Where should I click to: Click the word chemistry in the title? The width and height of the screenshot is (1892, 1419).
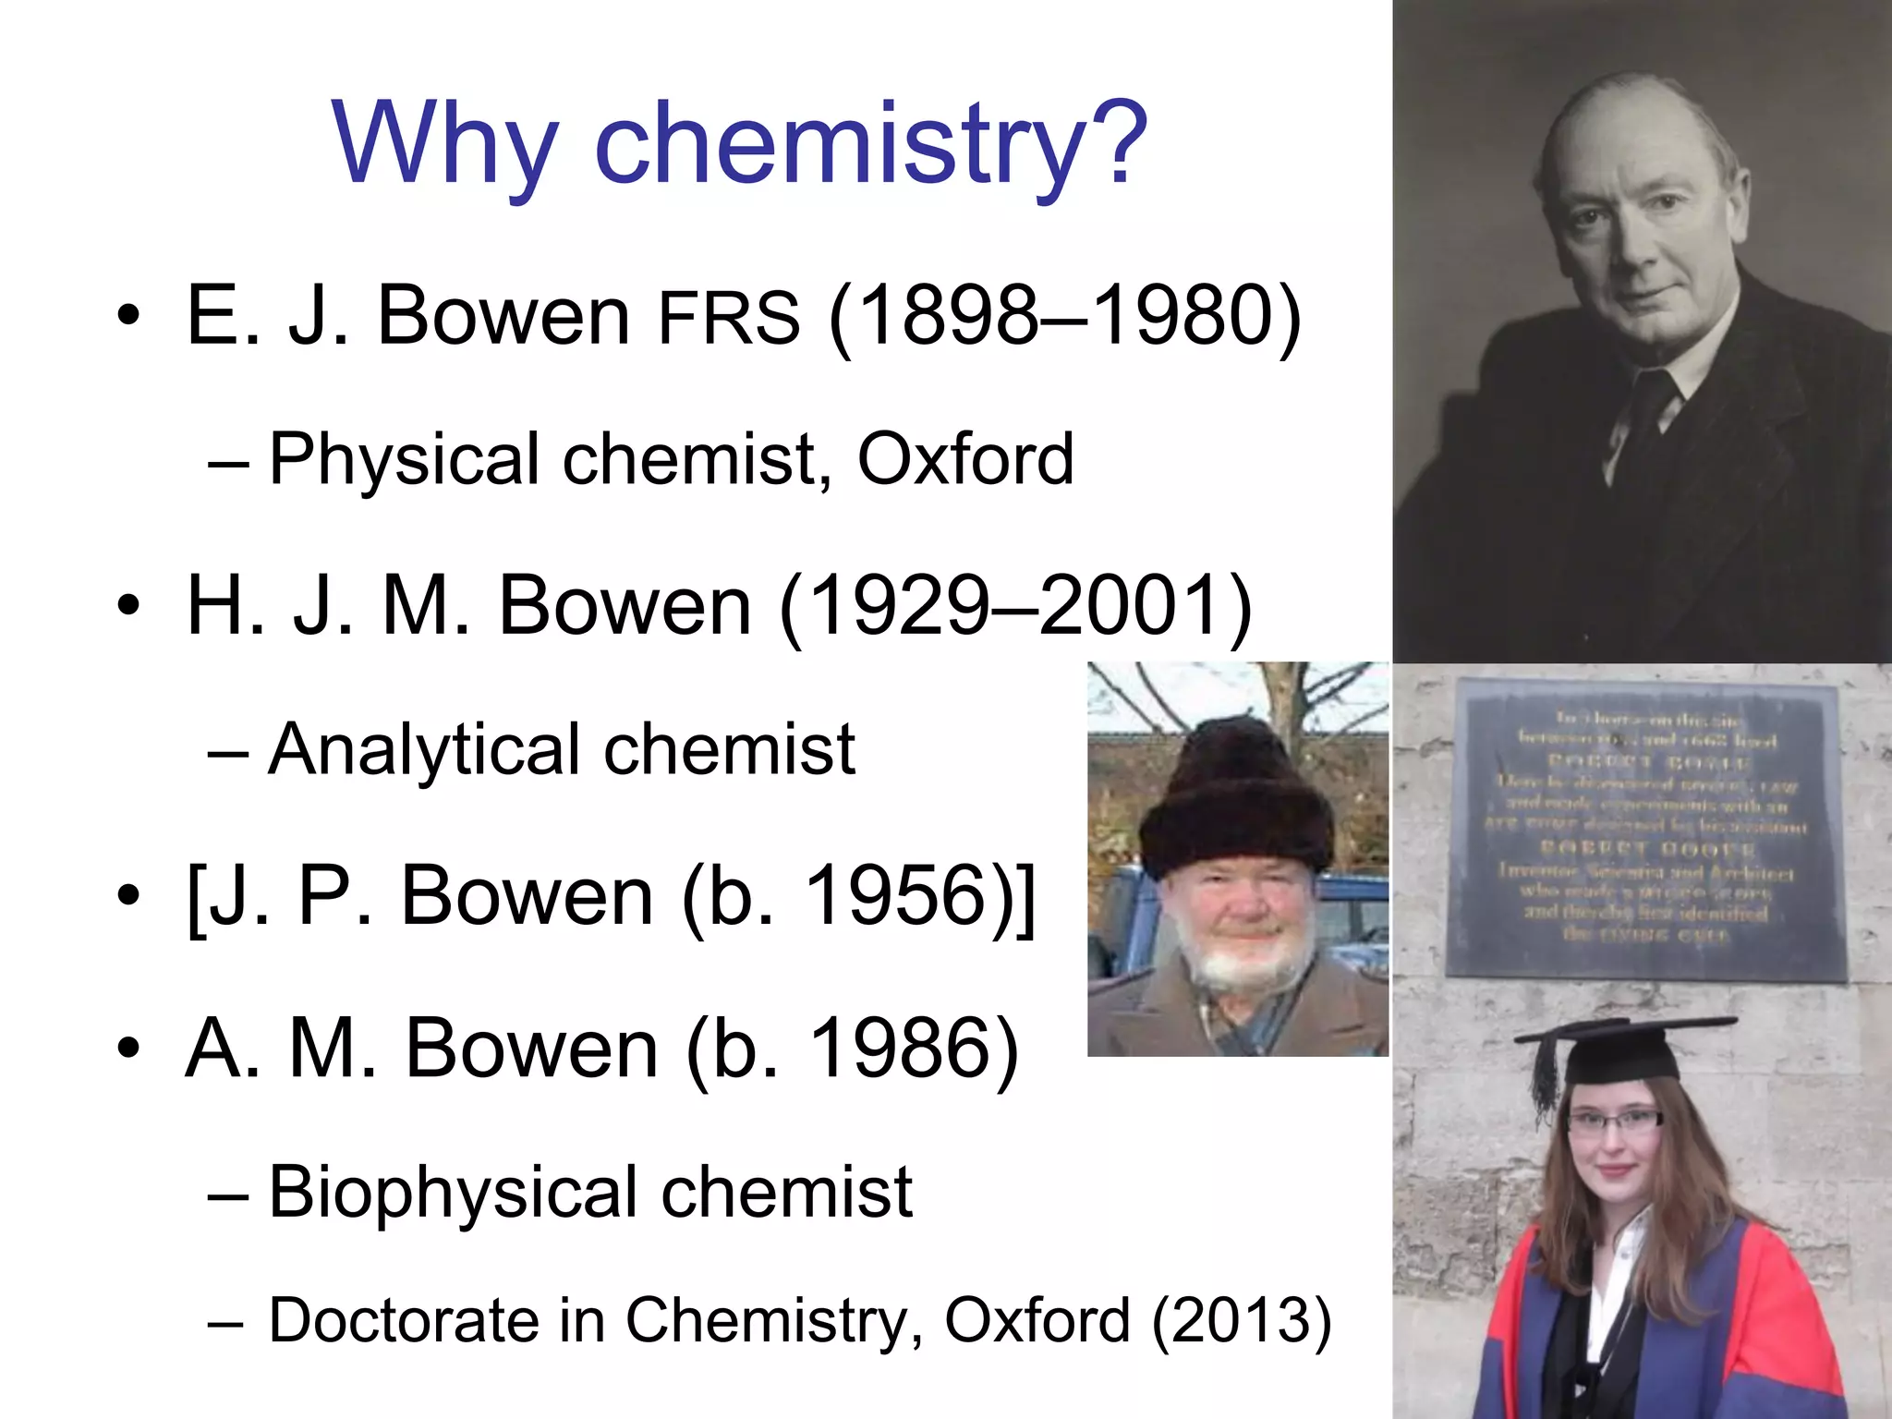[x=839, y=143]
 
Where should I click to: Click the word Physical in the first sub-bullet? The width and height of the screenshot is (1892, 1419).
[x=404, y=459]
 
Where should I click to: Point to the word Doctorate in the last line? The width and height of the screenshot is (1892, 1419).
[x=403, y=1319]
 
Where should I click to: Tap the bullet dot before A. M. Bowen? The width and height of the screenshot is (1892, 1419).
[x=129, y=1049]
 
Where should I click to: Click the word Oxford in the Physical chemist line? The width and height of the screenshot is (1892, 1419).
[x=965, y=459]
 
